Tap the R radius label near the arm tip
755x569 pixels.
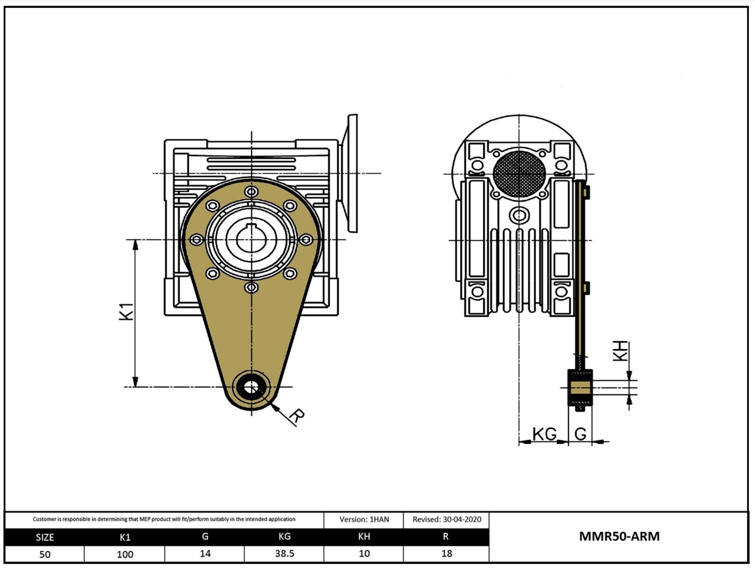click(x=296, y=416)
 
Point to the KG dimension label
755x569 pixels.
click(x=544, y=434)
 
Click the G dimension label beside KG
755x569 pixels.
click(x=580, y=434)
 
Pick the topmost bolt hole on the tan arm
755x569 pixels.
click(x=251, y=192)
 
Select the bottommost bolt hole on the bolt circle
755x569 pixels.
click(x=251, y=287)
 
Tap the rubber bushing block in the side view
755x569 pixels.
click(x=580, y=388)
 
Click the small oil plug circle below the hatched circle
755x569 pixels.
click(x=519, y=215)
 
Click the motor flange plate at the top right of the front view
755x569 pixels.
click(x=352, y=173)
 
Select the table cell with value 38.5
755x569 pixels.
click(x=284, y=553)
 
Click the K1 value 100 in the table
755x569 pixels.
click(x=125, y=554)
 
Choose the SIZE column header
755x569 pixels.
click(x=45, y=538)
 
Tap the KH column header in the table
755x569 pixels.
click(x=364, y=537)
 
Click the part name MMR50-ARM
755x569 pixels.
click(x=619, y=536)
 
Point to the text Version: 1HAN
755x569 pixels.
click(x=364, y=520)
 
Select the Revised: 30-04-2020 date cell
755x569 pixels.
click(x=447, y=520)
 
